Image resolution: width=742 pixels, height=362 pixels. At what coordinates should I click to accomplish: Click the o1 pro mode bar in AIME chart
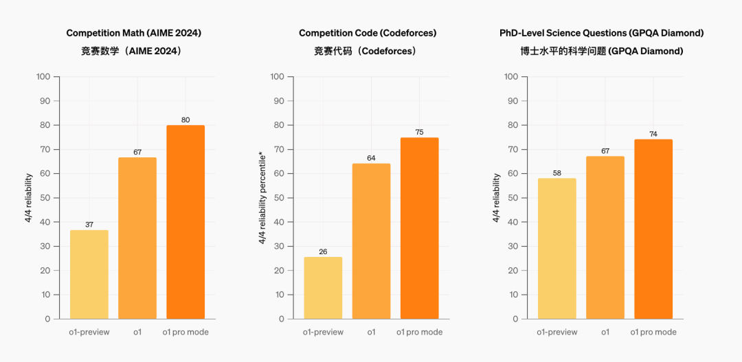click(185, 222)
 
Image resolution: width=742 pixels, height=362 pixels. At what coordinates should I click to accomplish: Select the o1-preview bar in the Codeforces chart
click(323, 288)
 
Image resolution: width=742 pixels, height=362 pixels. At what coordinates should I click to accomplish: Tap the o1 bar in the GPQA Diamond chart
click(605, 238)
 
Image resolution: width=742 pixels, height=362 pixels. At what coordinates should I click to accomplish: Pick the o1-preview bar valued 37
click(89, 275)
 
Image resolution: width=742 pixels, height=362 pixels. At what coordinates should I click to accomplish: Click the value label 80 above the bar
click(185, 120)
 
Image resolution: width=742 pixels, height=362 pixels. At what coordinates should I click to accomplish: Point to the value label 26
click(323, 251)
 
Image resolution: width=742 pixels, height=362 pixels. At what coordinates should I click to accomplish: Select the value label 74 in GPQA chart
click(653, 134)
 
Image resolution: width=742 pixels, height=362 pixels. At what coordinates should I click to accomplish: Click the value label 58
click(557, 173)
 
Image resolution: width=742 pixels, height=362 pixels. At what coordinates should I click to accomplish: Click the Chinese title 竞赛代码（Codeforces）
click(368, 51)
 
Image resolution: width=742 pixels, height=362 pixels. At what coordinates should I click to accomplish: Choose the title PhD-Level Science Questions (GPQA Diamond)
click(602, 33)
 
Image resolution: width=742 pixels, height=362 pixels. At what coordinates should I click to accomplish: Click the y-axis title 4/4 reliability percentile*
click(262, 198)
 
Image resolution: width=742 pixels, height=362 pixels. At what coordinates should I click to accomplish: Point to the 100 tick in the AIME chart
click(43, 76)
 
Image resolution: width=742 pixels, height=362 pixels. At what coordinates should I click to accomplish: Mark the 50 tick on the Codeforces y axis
click(278, 198)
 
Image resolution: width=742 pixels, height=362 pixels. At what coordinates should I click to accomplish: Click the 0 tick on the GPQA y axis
click(515, 319)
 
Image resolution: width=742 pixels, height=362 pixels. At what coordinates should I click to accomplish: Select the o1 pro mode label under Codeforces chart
click(419, 332)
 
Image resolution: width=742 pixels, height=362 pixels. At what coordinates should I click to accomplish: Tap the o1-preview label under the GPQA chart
click(557, 332)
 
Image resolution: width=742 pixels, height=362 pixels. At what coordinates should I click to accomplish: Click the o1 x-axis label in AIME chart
click(137, 332)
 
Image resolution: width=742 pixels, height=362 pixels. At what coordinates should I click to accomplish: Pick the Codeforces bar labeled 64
click(371, 241)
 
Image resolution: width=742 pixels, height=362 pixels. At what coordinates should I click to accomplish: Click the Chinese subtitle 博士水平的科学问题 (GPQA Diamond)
click(602, 51)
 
